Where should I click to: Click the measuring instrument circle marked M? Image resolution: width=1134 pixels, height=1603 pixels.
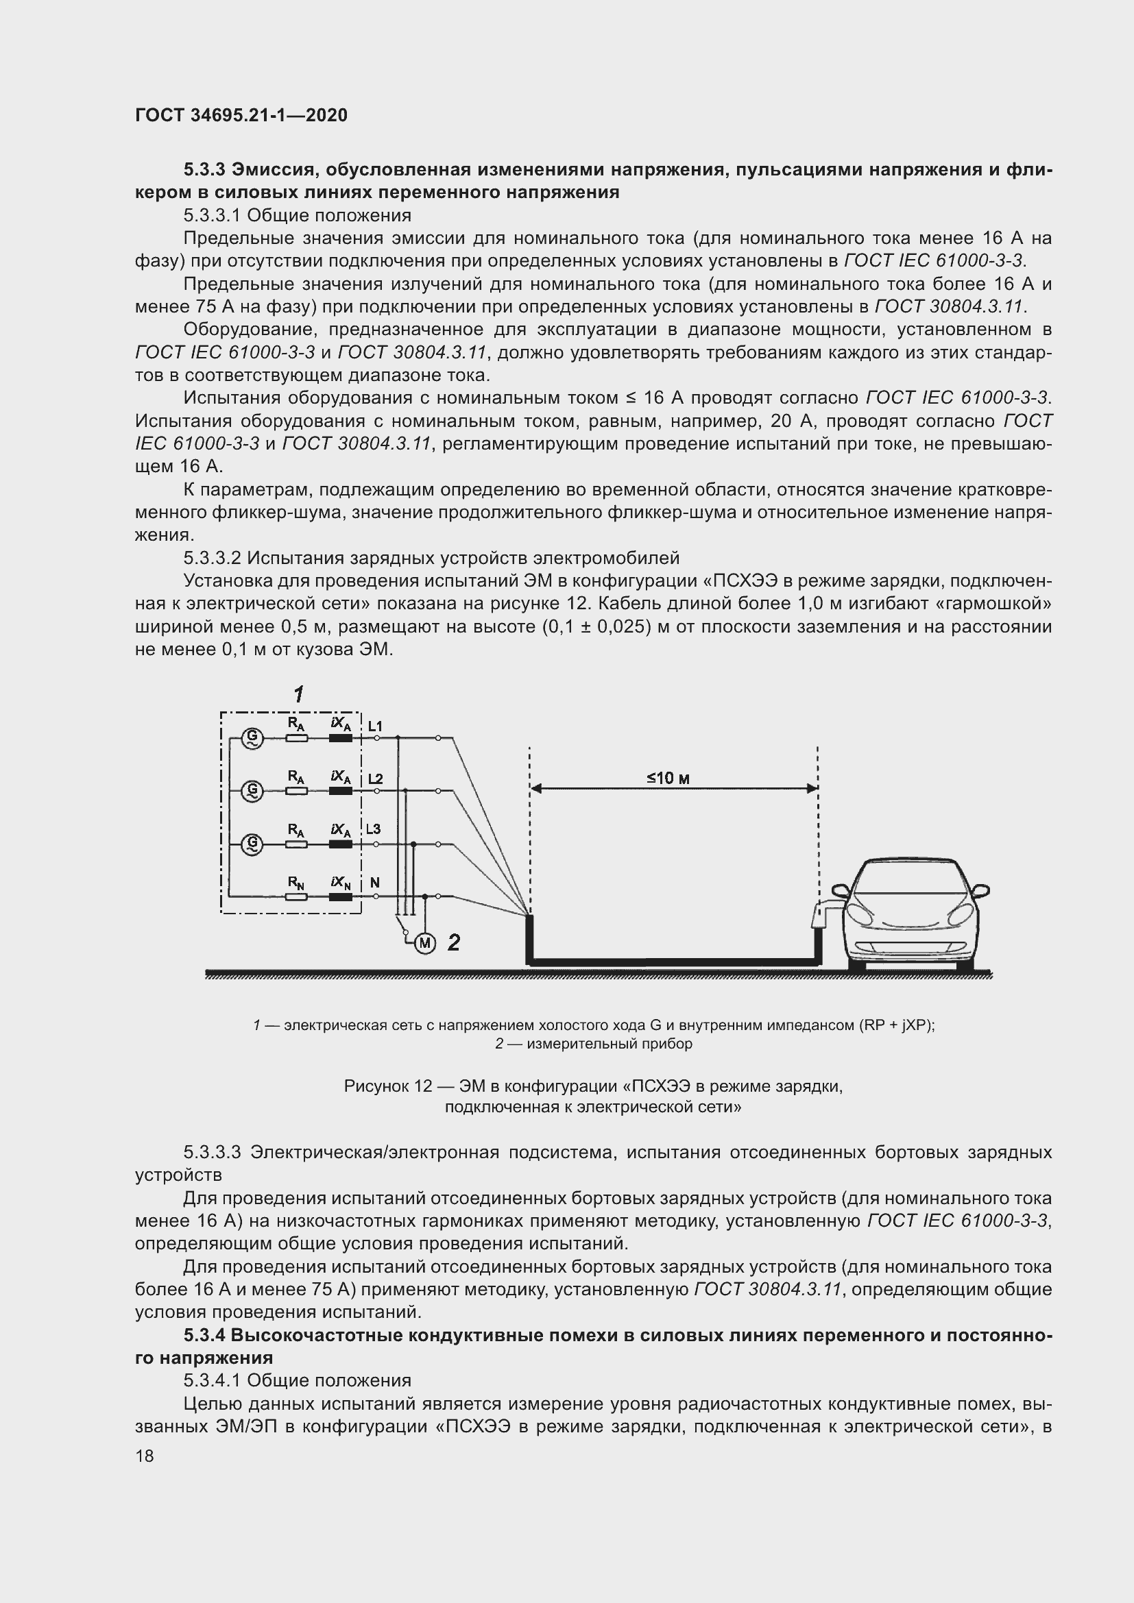[x=424, y=943]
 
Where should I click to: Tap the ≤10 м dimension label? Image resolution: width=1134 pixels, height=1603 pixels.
[x=668, y=778]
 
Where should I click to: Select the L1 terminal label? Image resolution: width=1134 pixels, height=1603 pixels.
[x=375, y=726]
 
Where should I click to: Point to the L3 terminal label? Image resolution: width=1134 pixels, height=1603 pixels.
[x=374, y=829]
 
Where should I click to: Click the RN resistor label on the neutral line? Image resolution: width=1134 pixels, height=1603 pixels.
[x=296, y=883]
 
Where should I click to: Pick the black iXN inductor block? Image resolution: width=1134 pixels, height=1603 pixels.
[x=340, y=896]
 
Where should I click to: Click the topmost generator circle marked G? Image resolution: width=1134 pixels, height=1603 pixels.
[x=252, y=737]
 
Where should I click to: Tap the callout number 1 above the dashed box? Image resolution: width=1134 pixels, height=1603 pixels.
[x=299, y=694]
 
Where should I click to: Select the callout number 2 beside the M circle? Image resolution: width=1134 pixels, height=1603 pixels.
[x=454, y=942]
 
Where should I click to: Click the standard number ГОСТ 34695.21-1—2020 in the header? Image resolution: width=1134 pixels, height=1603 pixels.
[x=241, y=115]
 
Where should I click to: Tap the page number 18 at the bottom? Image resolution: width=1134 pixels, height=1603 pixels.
[x=145, y=1456]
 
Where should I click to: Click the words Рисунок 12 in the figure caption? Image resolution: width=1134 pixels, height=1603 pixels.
[x=387, y=1086]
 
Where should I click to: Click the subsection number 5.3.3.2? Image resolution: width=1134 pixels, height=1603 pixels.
[x=213, y=558]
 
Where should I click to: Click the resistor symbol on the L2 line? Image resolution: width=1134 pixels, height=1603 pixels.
[x=297, y=791]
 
